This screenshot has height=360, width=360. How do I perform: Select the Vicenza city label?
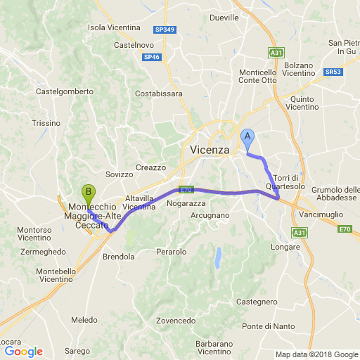click(210, 150)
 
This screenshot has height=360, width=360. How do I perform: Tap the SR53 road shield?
click(333, 72)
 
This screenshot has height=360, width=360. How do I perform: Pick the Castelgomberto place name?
click(65, 91)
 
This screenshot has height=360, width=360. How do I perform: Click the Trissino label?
click(46, 123)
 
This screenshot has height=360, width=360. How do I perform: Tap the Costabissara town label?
click(159, 93)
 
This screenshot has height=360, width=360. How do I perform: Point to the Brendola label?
click(118, 257)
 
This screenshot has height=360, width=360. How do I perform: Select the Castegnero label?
click(257, 301)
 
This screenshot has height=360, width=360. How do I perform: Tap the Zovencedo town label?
click(176, 321)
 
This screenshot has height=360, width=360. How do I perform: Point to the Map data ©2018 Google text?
click(316, 354)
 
